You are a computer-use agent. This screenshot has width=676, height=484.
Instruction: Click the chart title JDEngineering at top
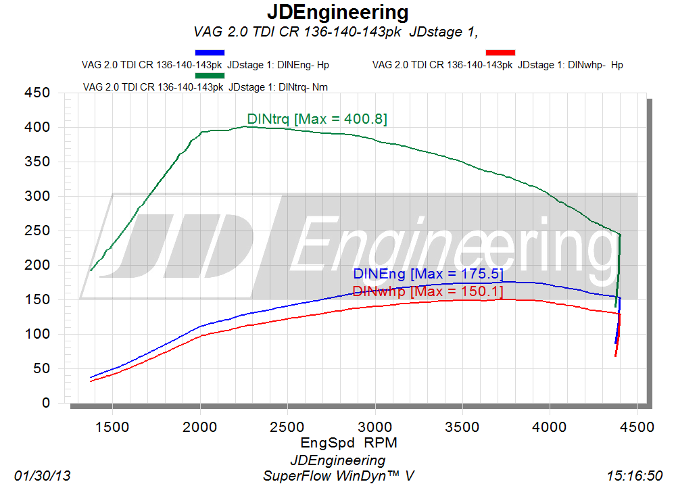(x=337, y=12)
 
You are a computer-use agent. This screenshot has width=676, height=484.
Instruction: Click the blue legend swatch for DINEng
(x=210, y=53)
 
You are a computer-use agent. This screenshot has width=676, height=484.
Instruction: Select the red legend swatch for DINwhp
(x=500, y=53)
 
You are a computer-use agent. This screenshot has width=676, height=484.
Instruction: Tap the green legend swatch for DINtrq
(x=210, y=76)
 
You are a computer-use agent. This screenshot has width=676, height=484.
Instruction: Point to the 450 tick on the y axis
(x=37, y=93)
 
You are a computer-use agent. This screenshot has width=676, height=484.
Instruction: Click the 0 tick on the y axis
(x=46, y=403)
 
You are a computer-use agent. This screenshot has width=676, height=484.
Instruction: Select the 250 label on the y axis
(x=37, y=231)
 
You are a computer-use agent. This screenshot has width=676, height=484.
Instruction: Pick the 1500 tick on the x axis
(x=112, y=427)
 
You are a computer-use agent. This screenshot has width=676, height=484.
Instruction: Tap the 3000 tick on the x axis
(x=375, y=427)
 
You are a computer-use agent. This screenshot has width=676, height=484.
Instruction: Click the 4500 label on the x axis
(x=637, y=427)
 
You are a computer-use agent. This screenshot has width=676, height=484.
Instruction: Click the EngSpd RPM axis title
(x=349, y=443)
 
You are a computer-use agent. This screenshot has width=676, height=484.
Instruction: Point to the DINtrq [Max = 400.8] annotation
(x=317, y=118)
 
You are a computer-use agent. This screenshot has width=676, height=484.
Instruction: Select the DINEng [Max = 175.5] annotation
(x=428, y=274)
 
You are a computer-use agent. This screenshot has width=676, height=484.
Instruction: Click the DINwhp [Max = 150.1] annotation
(x=428, y=291)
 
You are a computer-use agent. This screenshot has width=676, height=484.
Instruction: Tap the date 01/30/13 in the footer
(x=42, y=476)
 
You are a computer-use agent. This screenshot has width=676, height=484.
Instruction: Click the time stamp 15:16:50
(x=634, y=476)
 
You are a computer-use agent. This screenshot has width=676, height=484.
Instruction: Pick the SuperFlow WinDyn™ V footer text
(x=339, y=476)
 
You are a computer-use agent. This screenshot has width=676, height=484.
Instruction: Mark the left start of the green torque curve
(x=91, y=270)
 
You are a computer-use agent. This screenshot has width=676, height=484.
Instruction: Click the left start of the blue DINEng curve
(x=91, y=378)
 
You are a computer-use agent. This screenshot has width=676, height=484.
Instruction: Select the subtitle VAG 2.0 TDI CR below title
(x=336, y=32)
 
